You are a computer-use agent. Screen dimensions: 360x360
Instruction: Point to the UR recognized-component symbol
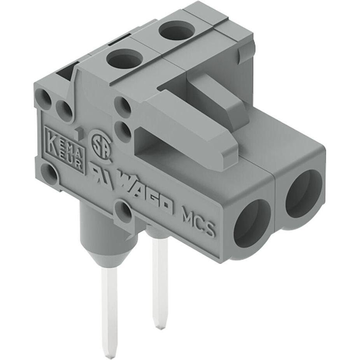[x=102, y=176]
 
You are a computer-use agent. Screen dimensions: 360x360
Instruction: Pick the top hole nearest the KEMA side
[x=124, y=60]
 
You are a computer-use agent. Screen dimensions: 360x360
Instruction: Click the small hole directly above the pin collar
[x=124, y=211]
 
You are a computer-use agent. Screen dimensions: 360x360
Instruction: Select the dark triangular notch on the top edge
[x=66, y=72]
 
